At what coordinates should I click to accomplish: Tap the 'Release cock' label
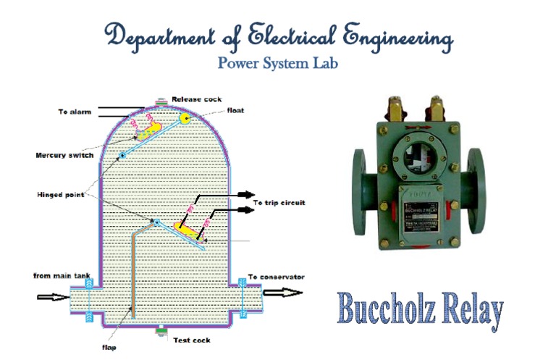[x=196, y=99]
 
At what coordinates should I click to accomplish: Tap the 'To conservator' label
[x=276, y=277]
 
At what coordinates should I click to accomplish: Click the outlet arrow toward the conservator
[x=282, y=293]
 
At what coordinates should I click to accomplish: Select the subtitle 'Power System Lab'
[x=277, y=64]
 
